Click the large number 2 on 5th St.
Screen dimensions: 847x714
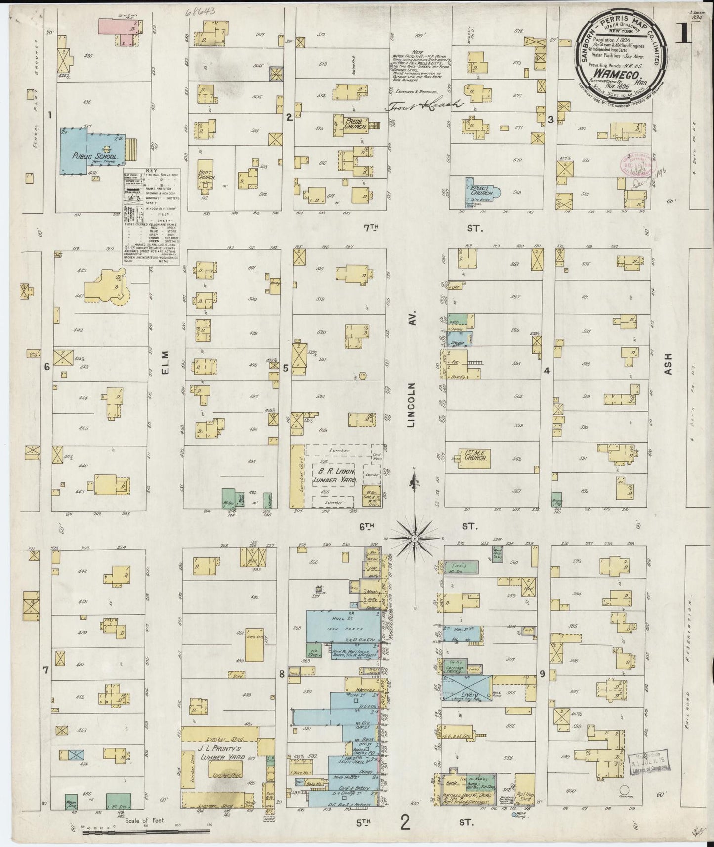pos(405,823)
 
